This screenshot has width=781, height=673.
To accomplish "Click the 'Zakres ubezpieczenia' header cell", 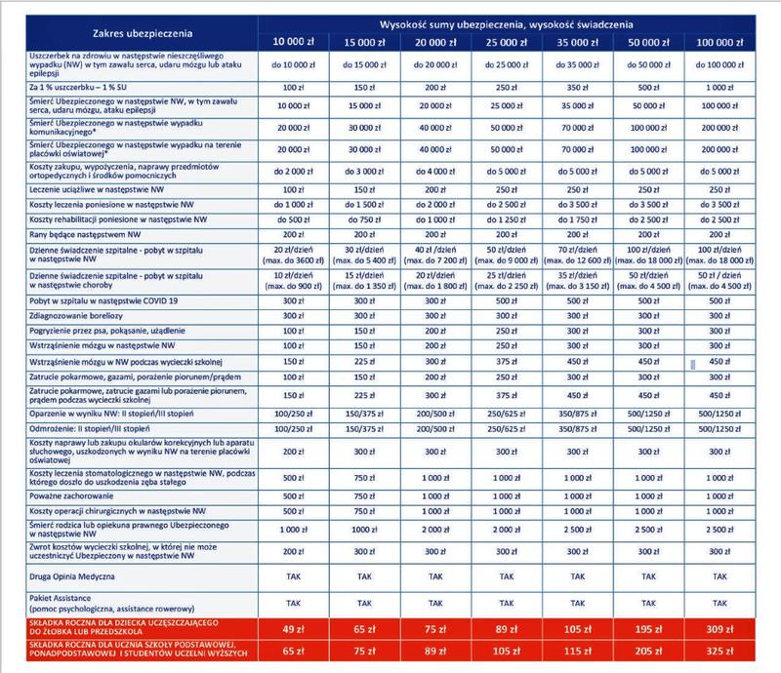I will point(129,32).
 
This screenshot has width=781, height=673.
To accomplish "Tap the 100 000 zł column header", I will point(723,42).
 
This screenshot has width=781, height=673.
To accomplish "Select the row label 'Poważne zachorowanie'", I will point(61,496).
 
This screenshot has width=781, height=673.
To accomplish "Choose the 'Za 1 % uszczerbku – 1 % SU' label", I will point(61,88).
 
